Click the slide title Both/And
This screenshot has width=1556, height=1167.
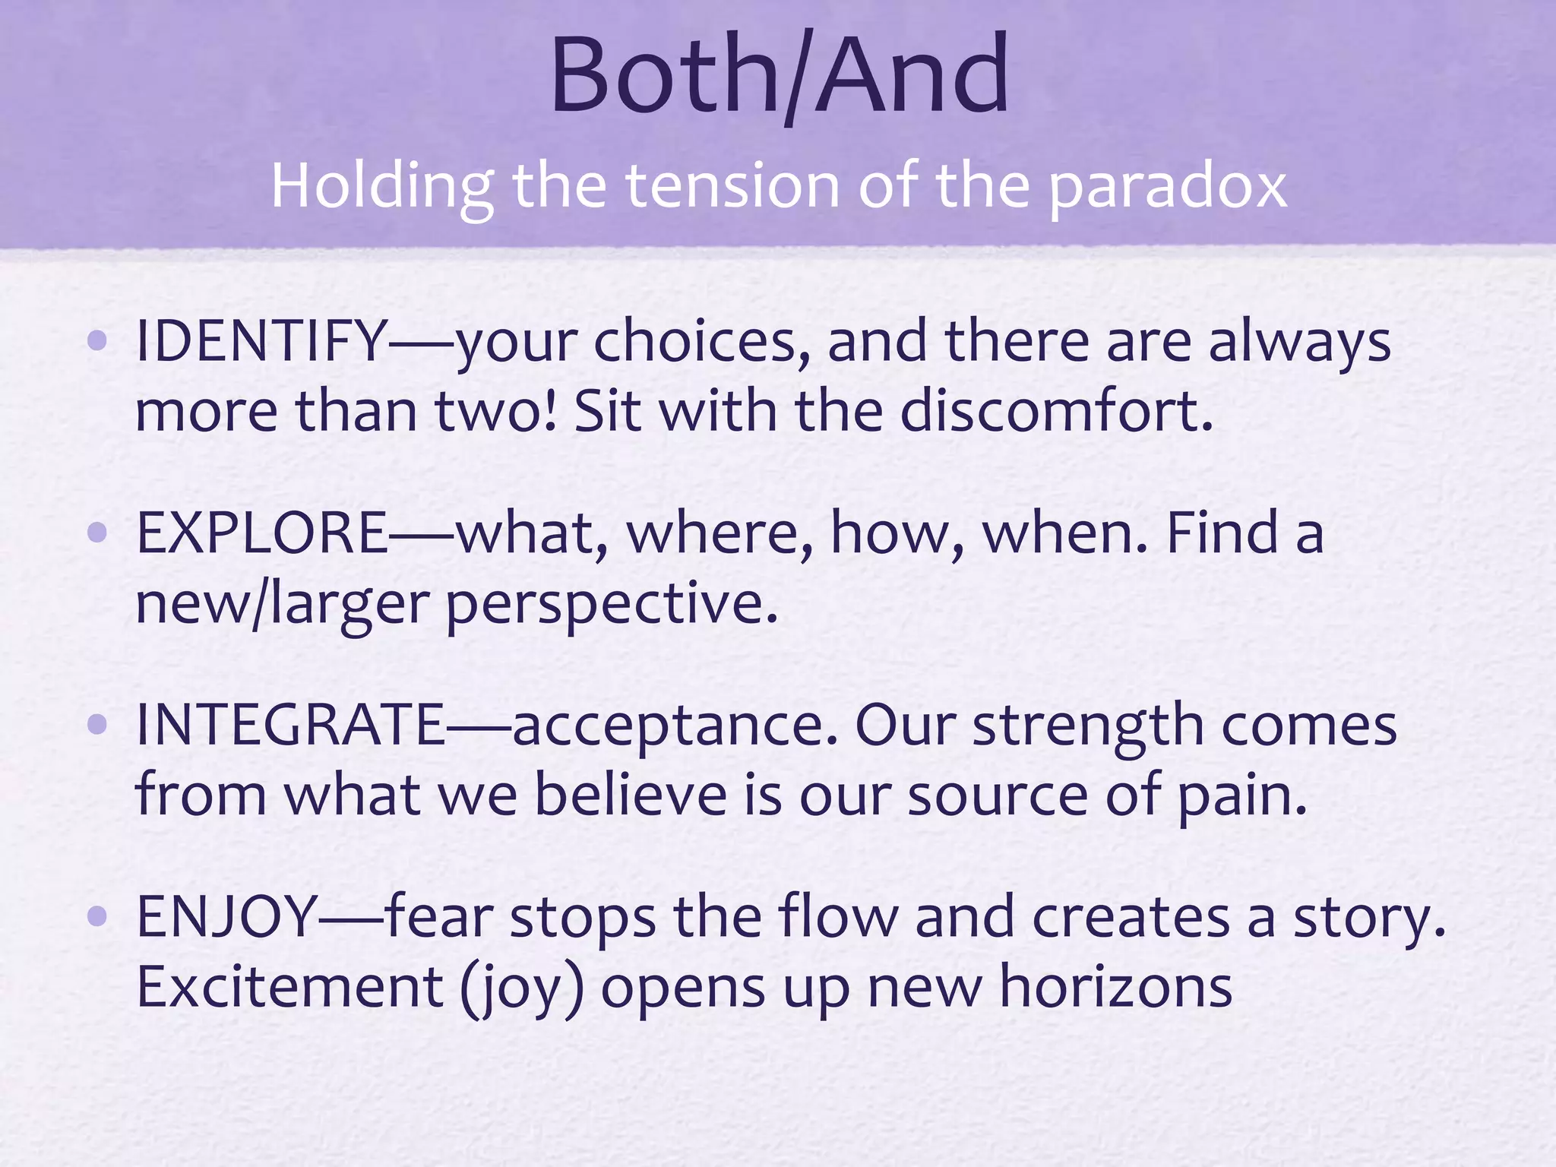pos(779,76)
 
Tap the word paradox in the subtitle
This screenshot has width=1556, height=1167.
pos(1168,188)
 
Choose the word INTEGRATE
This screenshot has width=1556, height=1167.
pos(290,725)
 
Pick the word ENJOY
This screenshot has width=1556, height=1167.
pos(226,917)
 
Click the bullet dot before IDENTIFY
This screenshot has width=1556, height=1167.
pos(97,341)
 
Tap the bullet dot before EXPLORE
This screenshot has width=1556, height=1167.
pos(97,533)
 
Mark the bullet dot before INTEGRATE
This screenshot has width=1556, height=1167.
pos(97,725)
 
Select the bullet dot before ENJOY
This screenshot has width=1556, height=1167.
pos(97,917)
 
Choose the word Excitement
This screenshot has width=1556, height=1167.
pos(289,987)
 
